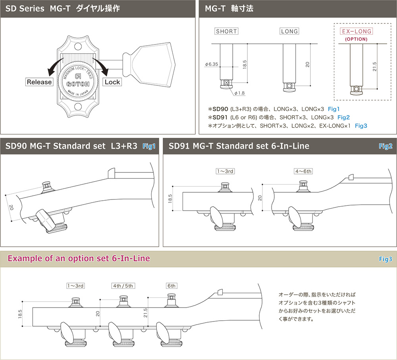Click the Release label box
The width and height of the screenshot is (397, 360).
[x=39, y=82]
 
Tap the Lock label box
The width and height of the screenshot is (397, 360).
[x=112, y=82]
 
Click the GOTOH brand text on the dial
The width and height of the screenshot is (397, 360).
[x=78, y=84]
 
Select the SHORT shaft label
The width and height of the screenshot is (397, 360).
[x=226, y=31]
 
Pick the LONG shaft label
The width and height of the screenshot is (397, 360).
[x=289, y=31]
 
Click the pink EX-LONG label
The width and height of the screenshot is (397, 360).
[x=356, y=31]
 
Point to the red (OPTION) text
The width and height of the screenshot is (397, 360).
[x=356, y=39]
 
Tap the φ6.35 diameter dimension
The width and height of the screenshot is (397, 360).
[x=212, y=64]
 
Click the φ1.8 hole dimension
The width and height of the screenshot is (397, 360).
[x=239, y=93]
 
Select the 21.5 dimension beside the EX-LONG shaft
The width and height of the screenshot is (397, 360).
[x=374, y=66]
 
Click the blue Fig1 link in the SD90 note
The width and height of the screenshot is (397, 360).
[x=334, y=109]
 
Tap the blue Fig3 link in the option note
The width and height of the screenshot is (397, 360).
[x=361, y=126]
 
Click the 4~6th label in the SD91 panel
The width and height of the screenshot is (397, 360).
[x=303, y=171]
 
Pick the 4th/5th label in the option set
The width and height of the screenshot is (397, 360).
[x=123, y=286]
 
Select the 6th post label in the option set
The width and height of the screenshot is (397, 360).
[x=172, y=286]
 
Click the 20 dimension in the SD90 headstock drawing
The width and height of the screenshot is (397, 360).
[x=11, y=208]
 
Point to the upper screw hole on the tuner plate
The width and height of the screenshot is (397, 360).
[x=78, y=46]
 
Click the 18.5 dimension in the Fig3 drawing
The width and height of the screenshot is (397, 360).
[x=20, y=314]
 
